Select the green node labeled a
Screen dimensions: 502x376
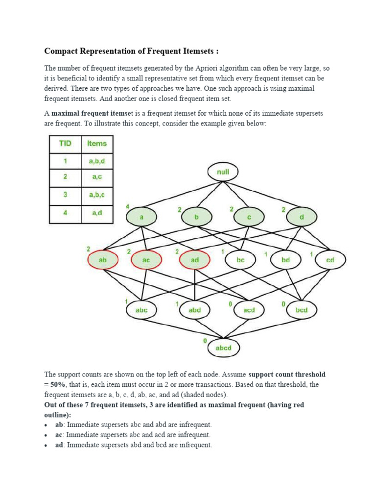tap(141, 217)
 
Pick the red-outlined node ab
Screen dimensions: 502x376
tap(103, 260)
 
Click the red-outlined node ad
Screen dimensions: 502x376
tap(195, 260)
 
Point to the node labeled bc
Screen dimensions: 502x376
tap(240, 260)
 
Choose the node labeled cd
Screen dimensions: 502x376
tap(330, 260)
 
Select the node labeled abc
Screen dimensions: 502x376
tap(141, 310)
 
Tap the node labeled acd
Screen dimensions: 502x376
tap(249, 310)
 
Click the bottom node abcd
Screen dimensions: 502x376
tap(223, 348)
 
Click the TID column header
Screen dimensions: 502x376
tap(65, 144)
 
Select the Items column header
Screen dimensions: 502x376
tap(96, 144)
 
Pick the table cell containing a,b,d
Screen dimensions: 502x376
tap(96, 161)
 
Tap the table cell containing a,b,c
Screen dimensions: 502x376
tap(96, 195)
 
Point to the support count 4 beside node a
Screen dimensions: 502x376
tap(127, 205)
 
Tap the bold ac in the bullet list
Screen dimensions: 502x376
tap(59, 434)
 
